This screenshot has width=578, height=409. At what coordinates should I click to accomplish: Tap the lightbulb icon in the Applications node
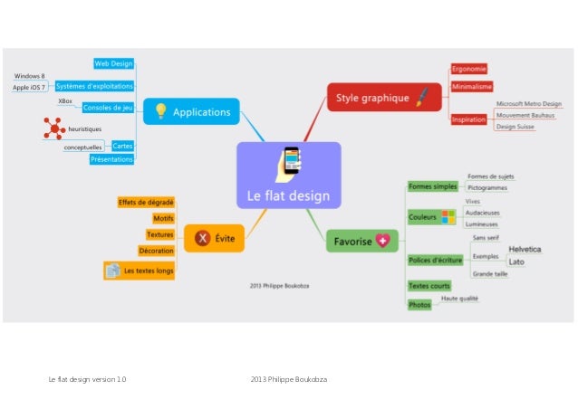[160, 111]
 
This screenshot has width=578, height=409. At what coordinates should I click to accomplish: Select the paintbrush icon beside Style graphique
[422, 97]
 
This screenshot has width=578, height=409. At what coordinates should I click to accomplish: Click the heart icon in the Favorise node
[384, 241]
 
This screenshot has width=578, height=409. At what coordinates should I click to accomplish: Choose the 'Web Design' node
[114, 63]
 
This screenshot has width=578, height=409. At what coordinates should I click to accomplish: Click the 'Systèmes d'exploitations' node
[94, 86]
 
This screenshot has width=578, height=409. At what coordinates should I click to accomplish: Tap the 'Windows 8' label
[29, 76]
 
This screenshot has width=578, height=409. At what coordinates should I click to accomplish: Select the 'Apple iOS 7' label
[30, 88]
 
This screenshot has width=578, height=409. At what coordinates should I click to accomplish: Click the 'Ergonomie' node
[469, 69]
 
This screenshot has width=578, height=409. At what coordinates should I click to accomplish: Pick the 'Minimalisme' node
[471, 87]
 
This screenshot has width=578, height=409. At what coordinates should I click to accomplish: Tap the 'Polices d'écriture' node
[435, 261]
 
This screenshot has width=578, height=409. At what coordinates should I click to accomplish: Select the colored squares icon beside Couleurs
[448, 217]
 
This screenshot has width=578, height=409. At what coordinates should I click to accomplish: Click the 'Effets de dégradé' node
[146, 202]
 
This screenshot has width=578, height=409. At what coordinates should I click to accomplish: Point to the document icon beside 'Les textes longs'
[112, 270]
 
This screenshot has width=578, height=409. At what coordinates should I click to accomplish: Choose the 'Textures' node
[159, 234]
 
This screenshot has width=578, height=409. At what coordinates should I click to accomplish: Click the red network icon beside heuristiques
[53, 128]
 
